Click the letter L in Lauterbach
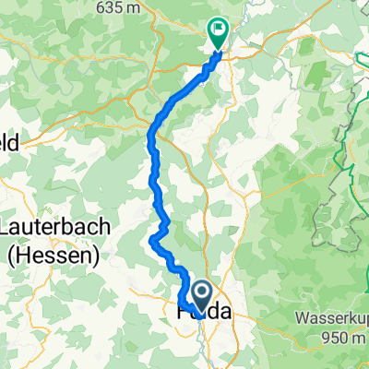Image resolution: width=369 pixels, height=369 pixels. pos(9,227)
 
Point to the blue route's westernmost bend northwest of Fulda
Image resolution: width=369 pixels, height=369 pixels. pos(150,241)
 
